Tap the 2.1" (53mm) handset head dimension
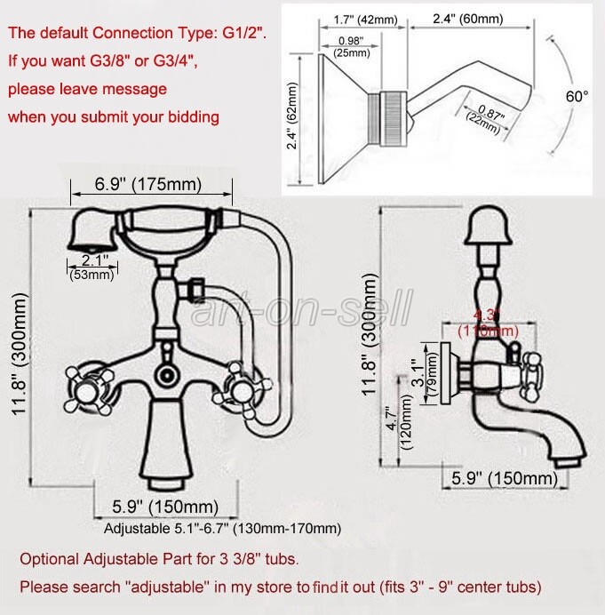[x=92, y=267]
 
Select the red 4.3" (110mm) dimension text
[x=485, y=322]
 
